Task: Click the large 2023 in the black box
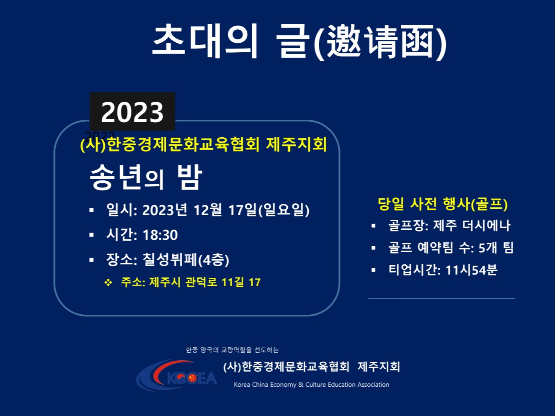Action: (132, 112)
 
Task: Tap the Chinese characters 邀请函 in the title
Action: (380, 42)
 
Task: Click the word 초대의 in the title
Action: (205, 41)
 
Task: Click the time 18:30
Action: (160, 235)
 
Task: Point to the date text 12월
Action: (208, 210)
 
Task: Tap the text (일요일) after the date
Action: (284, 210)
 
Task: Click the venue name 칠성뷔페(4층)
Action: (186, 259)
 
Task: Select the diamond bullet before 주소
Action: (108, 282)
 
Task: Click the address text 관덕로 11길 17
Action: (223, 282)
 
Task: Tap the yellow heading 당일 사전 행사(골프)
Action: (443, 204)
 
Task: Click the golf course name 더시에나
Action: (486, 225)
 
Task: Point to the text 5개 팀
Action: (496, 247)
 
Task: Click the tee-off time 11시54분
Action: (471, 270)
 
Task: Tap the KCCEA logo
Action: (176, 375)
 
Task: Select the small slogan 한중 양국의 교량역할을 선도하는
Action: (232, 350)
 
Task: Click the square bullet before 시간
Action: (92, 235)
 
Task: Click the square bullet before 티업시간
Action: (374, 270)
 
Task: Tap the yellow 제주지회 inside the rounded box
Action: (297, 144)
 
